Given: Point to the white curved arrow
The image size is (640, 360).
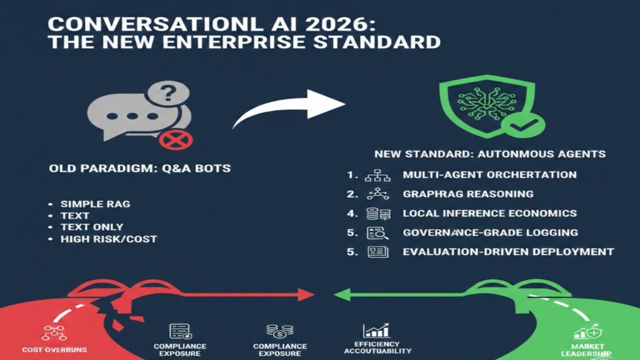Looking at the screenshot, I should tap(289, 106).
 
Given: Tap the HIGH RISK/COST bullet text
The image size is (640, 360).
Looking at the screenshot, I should tap(107, 239).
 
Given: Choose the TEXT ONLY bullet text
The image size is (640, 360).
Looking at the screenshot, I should tap(91, 227).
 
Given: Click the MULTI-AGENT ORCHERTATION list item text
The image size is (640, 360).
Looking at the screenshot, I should tap(489, 175).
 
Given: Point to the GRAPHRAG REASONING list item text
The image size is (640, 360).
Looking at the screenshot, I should tap(467, 194).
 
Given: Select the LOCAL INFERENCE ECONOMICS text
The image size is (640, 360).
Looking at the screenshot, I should tap(489, 213).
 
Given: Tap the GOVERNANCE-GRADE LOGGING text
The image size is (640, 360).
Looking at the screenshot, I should tap(490, 232).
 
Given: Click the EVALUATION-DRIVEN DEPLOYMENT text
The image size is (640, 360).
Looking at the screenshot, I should tap(507, 252).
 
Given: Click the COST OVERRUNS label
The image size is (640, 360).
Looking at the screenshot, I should tap(50, 349).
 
